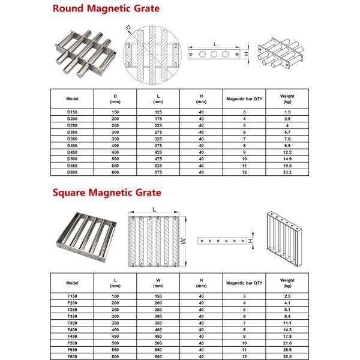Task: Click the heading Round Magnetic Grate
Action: pos(106,8)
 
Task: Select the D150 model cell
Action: pos(73,112)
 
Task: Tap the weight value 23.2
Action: pos(287,172)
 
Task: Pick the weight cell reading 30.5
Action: pos(287,356)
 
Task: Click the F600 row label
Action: pos(73,356)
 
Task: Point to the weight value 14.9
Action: pos(287,158)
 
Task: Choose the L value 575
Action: pos(158,172)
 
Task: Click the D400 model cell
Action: pos(73,145)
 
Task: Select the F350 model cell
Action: pos(73,323)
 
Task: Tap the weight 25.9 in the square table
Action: pos(287,350)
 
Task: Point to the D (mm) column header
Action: pos(115,98)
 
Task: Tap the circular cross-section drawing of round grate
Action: pos(153,56)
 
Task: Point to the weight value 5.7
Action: pos(287,132)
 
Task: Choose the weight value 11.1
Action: pos(287,323)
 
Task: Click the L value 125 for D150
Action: pos(158,112)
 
